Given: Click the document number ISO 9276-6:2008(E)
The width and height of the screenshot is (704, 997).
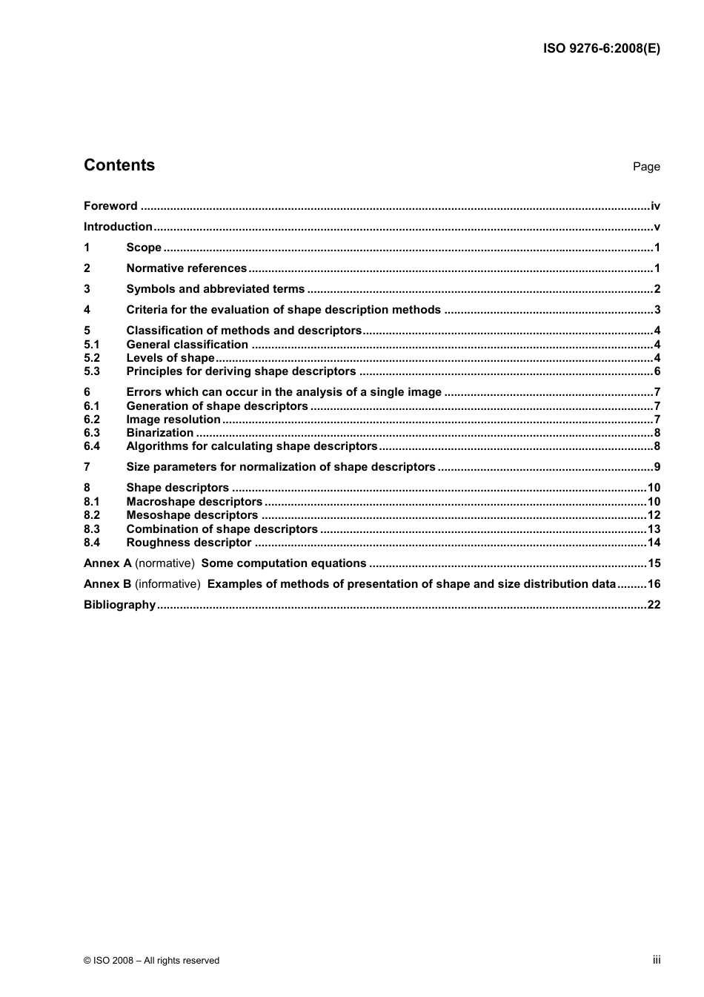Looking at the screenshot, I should click(x=601, y=49).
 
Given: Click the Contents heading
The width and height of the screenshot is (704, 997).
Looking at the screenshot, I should click(x=119, y=165).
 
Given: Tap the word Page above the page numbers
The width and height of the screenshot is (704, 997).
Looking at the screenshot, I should click(x=645, y=167).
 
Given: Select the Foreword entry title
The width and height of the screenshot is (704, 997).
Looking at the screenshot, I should click(x=110, y=206).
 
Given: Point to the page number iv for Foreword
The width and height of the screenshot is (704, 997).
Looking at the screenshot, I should click(x=655, y=206).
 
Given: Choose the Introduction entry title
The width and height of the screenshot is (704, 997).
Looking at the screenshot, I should click(x=118, y=227).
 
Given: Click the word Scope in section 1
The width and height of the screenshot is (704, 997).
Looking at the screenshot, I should click(x=144, y=248).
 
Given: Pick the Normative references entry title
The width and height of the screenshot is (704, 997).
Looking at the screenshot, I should click(x=186, y=268).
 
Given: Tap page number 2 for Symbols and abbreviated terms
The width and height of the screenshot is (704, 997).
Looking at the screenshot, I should click(x=657, y=289).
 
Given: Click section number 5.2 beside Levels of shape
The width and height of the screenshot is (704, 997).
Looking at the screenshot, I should click(x=92, y=358).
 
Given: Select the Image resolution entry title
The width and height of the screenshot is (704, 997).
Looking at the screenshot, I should click(x=173, y=420).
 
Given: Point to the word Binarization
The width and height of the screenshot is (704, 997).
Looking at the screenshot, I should click(x=160, y=433).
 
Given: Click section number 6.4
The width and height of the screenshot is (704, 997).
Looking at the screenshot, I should click(x=92, y=446).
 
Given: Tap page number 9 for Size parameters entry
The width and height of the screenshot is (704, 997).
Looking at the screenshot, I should click(x=657, y=467).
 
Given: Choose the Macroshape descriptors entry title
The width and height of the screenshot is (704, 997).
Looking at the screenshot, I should click(x=194, y=502).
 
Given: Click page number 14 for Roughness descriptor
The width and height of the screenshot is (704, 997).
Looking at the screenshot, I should click(x=654, y=543).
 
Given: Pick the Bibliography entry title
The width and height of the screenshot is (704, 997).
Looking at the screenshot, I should click(x=119, y=605).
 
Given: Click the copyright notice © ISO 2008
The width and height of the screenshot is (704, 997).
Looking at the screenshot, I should click(x=151, y=961).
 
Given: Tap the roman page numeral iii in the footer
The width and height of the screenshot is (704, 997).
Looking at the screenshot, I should click(x=657, y=960).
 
